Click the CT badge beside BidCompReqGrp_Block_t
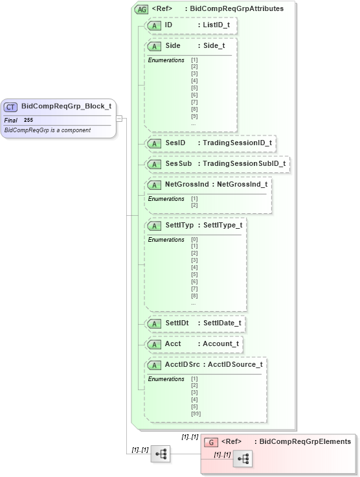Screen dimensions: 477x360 (11, 107)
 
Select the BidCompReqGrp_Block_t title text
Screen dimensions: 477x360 (66, 106)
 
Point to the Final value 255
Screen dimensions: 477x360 (28, 120)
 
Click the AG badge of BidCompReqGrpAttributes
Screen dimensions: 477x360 (141, 9)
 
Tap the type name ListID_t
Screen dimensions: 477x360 (216, 25)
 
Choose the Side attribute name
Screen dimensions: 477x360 (173, 46)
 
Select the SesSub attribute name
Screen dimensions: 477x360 (178, 163)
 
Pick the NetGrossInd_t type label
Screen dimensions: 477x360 (242, 184)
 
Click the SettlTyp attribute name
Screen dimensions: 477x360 (179, 225)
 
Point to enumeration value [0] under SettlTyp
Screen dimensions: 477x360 (194, 239)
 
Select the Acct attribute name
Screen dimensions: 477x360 (173, 343)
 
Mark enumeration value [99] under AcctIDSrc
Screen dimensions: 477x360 (196, 412)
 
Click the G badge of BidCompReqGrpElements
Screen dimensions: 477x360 (210, 442)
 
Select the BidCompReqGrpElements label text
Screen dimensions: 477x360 (305, 441)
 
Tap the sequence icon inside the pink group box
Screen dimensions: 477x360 (243, 458)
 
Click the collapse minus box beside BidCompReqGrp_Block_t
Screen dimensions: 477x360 (119, 118)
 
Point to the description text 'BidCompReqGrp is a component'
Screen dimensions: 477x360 (47, 130)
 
